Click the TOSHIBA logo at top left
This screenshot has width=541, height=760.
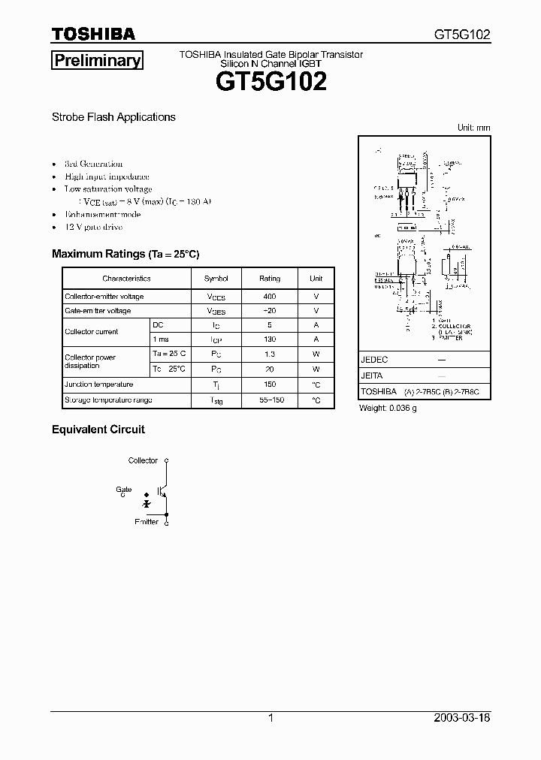click(x=93, y=34)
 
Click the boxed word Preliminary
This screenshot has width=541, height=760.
click(x=96, y=61)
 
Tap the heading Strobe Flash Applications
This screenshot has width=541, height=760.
click(x=113, y=117)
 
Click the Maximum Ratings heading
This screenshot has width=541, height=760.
click(x=125, y=254)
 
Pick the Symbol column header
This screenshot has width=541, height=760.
click(x=216, y=278)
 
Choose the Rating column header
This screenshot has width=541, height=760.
click(x=270, y=278)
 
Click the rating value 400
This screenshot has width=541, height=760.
click(x=270, y=297)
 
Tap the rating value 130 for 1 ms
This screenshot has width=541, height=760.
click(x=270, y=339)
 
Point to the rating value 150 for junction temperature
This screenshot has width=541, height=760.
click(x=270, y=385)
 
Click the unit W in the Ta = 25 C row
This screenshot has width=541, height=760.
click(x=316, y=354)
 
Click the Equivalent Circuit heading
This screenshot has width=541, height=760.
click(x=98, y=430)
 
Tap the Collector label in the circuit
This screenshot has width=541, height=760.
click(x=143, y=460)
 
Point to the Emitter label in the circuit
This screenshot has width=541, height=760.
click(x=147, y=521)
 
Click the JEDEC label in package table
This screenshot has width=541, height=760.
click(x=374, y=360)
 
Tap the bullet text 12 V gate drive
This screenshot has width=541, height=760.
click(x=93, y=227)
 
